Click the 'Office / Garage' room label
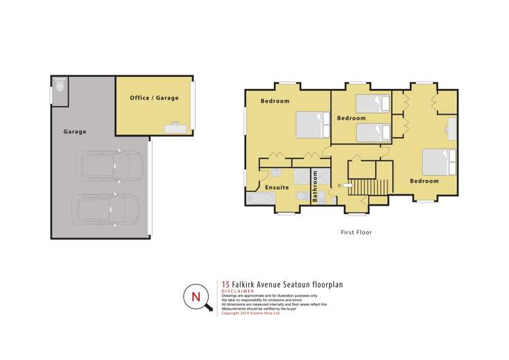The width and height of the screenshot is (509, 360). pos(154,98)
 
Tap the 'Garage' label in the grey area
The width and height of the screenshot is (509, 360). pos(75,132)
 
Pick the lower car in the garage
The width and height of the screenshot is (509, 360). pos(107,208)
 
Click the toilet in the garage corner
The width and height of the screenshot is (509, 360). pos(60,85)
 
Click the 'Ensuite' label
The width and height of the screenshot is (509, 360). pos(277,187)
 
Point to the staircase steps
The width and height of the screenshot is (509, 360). pos(370,185)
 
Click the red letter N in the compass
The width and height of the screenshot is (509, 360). pos(196,297)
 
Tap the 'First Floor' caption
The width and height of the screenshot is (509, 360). pos(356,232)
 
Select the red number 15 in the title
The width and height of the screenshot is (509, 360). pos(226,285)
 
